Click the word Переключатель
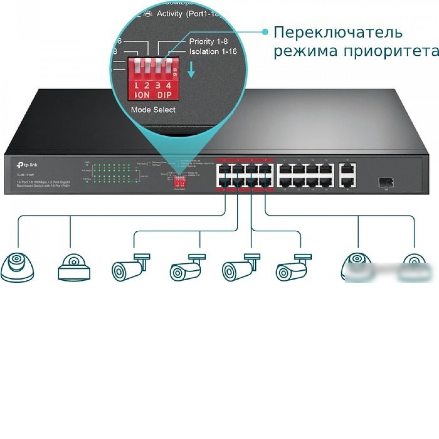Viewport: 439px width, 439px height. pos(338,33)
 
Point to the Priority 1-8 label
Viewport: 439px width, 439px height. pos(208,41)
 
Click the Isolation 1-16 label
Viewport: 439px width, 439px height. pos(213,52)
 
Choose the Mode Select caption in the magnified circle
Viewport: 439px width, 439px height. pos(153,110)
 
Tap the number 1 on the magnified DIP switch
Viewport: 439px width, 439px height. pos(136,85)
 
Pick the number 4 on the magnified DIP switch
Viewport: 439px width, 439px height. pos(168,85)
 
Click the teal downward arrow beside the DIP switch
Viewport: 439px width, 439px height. pos(191,70)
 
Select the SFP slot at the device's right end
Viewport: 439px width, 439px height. pos(386,181)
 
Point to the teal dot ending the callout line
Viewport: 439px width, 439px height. pos(265,32)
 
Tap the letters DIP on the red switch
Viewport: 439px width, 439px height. pos(164,95)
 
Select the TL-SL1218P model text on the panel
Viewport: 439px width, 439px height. pos(25,175)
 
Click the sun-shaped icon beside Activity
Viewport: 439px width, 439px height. pos(148,14)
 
